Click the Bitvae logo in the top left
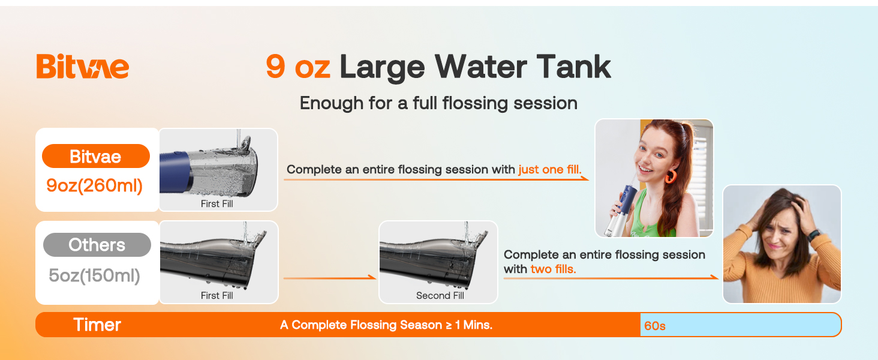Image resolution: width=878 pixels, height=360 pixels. click(82, 67)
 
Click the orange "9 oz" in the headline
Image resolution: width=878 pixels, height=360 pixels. click(298, 67)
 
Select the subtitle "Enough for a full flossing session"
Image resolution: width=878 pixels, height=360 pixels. click(438, 103)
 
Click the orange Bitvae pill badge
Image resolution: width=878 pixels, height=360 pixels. click(95, 157)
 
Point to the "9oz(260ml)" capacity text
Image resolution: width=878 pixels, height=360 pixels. click(95, 185)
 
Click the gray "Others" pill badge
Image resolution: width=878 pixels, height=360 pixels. click(97, 245)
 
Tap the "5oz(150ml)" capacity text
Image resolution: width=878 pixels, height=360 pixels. click(95, 275)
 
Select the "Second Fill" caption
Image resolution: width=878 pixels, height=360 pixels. click(440, 295)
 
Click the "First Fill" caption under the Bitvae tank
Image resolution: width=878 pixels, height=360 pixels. click(217, 204)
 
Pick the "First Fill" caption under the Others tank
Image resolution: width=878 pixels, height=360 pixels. click(217, 295)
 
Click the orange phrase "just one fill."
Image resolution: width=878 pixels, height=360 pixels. click(550, 170)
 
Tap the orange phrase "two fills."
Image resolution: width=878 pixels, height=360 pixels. click(553, 269)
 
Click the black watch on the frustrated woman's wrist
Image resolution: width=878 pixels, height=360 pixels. click(814, 235)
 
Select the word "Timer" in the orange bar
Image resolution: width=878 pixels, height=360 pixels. click(97, 325)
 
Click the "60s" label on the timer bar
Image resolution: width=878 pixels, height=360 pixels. click(655, 326)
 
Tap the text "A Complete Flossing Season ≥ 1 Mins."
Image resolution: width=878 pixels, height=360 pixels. click(386, 325)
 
